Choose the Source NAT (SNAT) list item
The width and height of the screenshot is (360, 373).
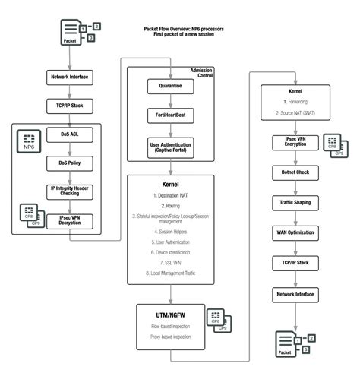pyautogui.click(x=294, y=112)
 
